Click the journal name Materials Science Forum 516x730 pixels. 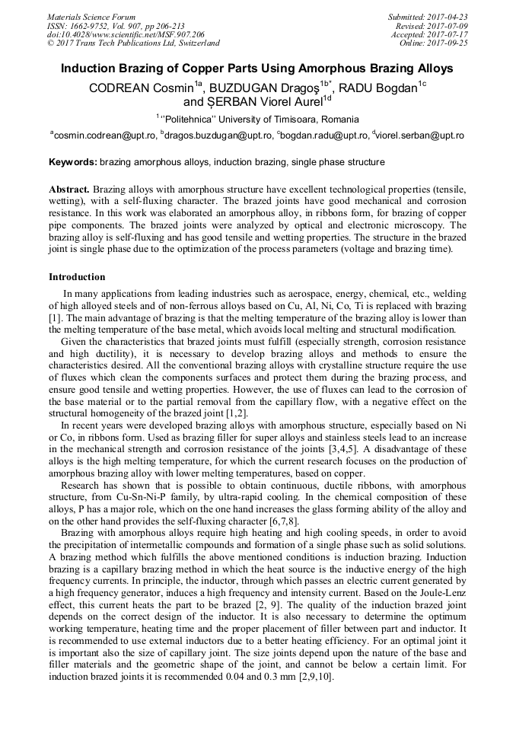pyautogui.click(x=91, y=17)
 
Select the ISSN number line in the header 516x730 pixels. pyautogui.click(x=116, y=26)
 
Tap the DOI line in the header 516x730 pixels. pyautogui.click(x=126, y=34)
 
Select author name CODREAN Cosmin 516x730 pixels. pyautogui.click(x=139, y=88)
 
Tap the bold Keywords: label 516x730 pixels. pyautogui.click(x=73, y=162)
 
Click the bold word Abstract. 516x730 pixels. pyautogui.click(x=69, y=188)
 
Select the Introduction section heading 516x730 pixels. pyautogui.click(x=77, y=277)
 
